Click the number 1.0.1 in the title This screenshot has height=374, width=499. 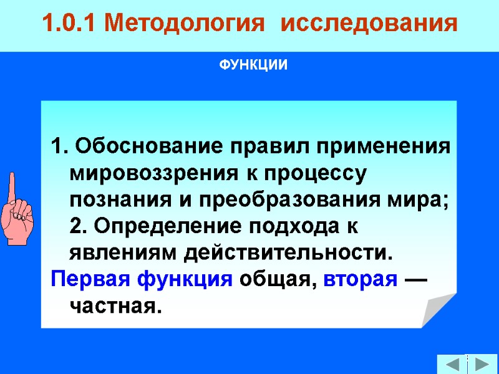[x=70, y=24]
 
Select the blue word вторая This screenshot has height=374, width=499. [x=361, y=279]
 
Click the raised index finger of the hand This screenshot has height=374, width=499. [x=12, y=187]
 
